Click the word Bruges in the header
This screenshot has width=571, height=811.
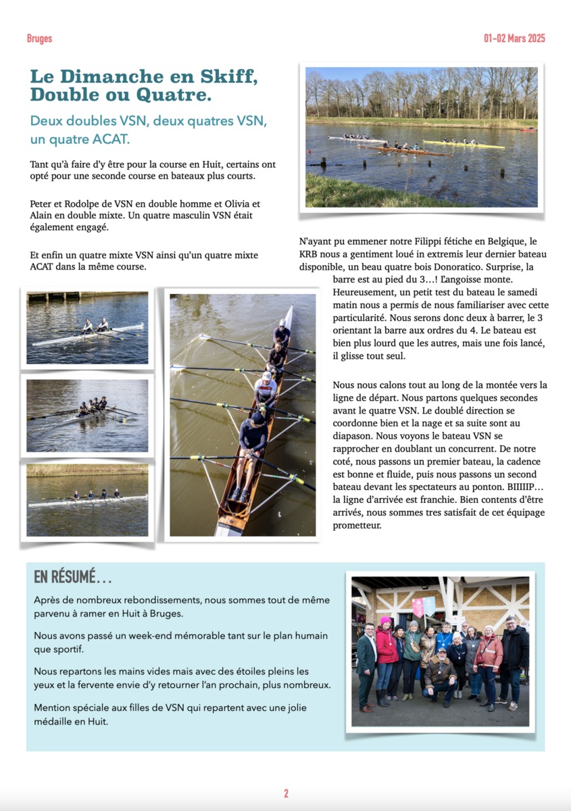tap(39, 39)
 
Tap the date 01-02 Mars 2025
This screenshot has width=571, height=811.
tap(514, 39)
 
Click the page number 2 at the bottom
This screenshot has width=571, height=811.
tap(286, 793)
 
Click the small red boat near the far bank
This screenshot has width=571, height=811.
tap(528, 129)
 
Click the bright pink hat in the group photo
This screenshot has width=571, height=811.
tap(385, 620)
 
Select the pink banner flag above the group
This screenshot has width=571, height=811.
tap(418, 607)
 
